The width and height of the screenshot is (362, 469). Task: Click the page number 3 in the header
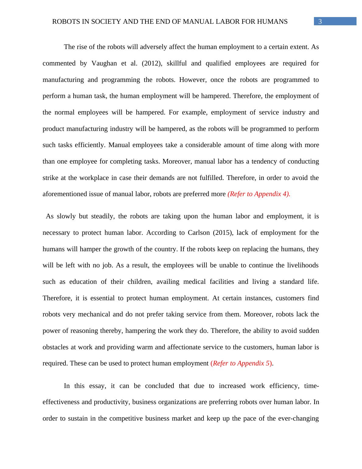pos(320,22)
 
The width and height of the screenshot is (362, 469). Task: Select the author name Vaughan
pos(103,63)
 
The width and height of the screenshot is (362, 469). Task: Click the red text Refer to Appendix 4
pos(259,194)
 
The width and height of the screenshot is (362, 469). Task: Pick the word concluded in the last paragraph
pos(159,386)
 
